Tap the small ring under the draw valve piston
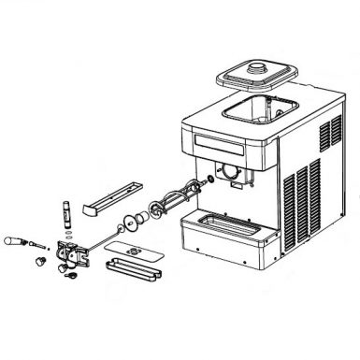pyautogui.click(x=67, y=233)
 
